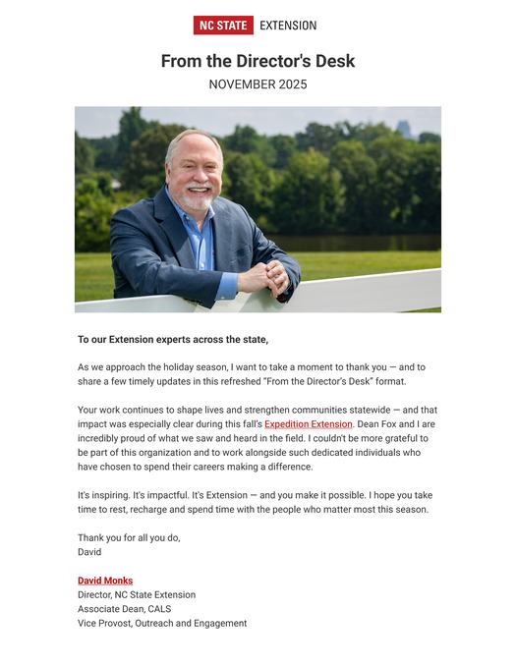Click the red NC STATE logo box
coord(223,26)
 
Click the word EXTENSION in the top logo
coord(288,26)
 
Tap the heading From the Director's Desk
coord(258,61)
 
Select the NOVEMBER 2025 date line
coord(258,84)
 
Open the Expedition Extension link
coord(308,424)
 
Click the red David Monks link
coord(105,581)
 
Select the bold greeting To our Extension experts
coord(173,340)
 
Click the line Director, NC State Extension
coord(137,595)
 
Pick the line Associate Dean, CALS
coord(124,609)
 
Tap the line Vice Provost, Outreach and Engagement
coord(162,623)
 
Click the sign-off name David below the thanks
coord(89,552)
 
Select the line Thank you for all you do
coord(129,537)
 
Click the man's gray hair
coord(192,140)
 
